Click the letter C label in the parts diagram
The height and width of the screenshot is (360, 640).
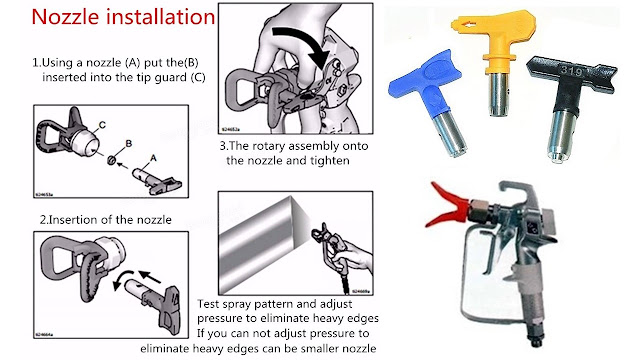point(102,125)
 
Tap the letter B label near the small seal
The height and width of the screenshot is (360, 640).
point(129,143)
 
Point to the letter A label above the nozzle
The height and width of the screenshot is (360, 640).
point(153,158)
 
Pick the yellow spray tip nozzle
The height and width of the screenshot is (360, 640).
point(495,57)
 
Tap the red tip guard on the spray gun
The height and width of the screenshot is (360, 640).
point(447,204)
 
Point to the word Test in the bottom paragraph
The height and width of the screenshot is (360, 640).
point(208,304)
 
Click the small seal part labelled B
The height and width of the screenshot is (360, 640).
point(111,160)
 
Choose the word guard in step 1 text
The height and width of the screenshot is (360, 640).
point(171,77)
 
